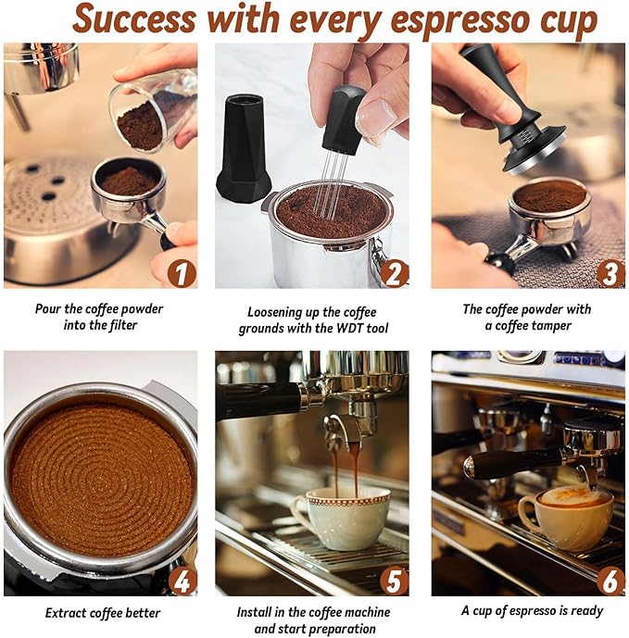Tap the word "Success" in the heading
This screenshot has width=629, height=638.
pyautogui.click(x=132, y=19)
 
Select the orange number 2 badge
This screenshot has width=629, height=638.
pyautogui.click(x=395, y=272)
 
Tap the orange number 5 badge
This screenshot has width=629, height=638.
pyautogui.click(x=395, y=580)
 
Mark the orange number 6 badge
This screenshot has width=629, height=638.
pyautogui.click(x=609, y=580)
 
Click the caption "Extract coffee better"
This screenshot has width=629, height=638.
pyautogui.click(x=103, y=613)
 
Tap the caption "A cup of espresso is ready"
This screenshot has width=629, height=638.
pyautogui.click(x=532, y=611)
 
